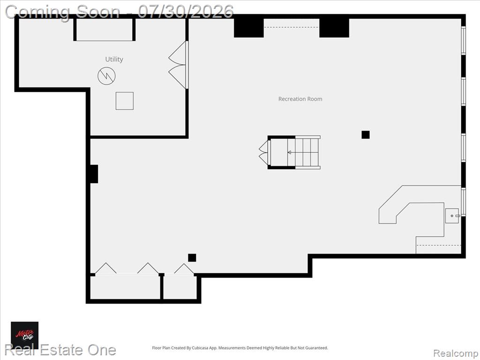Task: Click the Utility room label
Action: [114, 59]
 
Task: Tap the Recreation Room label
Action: [300, 99]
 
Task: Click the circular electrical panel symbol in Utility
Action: [106, 75]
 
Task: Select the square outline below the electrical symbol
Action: [125, 101]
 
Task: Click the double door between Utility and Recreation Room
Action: [178, 65]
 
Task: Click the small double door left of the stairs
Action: [264, 152]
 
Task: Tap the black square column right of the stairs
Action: [366, 135]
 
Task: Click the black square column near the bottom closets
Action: [192, 258]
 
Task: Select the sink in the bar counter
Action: [452, 216]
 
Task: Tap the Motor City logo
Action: [25, 335]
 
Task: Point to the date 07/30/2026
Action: [186, 12]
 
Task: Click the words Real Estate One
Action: [60, 350]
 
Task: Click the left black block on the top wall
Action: [248, 28]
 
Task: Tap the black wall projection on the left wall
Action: [94, 174]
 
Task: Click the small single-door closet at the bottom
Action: [180, 287]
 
